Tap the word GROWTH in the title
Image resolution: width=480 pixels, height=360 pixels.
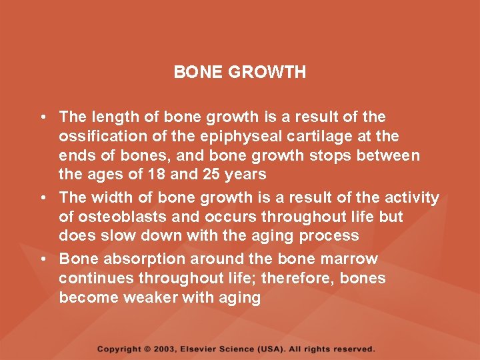click(267, 72)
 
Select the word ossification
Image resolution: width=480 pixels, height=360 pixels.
click(98, 136)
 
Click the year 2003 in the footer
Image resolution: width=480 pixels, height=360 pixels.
click(167, 349)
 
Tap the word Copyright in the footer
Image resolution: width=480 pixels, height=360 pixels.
click(119, 349)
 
